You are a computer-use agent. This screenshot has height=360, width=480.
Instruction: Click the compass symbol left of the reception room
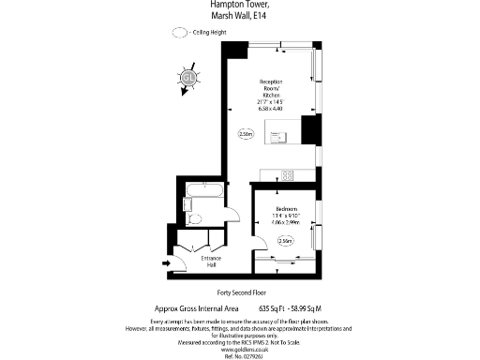188,78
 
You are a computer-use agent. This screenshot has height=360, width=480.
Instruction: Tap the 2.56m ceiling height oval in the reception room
247,134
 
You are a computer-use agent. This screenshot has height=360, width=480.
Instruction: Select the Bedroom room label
286,208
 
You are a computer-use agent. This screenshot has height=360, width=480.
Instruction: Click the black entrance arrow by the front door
167,263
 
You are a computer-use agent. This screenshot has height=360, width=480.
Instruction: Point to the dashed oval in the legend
179,32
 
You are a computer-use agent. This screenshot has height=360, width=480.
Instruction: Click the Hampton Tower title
240,4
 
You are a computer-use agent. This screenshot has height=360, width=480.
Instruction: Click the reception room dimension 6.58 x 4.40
271,109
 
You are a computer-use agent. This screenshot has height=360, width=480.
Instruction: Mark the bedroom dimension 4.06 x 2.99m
286,223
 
